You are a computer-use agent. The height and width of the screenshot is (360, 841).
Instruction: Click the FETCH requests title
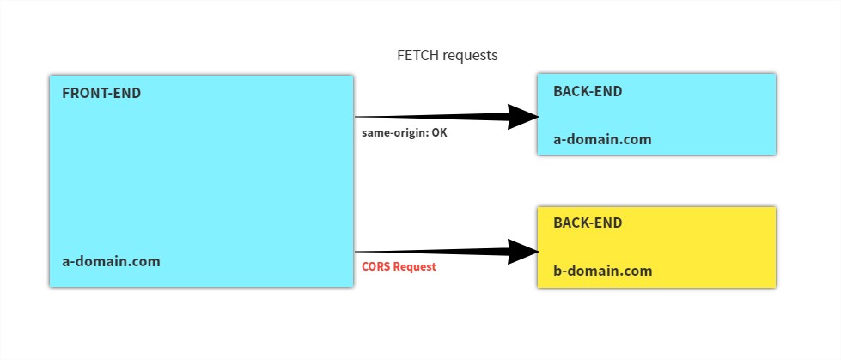coord(447,55)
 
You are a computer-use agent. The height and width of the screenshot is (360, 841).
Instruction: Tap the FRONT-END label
coord(101,93)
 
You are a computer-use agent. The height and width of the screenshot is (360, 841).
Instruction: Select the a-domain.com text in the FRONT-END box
coord(111,261)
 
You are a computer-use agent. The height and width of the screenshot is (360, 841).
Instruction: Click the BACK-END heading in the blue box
coord(587,91)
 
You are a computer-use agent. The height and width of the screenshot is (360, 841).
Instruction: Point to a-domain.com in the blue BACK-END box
coord(601,139)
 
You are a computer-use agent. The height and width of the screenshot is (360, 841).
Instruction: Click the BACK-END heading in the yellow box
coord(587,223)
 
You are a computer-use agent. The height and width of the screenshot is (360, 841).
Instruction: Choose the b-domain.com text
coord(602,271)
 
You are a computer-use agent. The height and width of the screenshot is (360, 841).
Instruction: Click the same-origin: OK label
coord(405,133)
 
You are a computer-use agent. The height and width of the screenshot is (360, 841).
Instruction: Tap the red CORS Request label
coord(399,266)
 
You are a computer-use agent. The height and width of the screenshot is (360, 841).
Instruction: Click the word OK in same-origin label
coord(438,133)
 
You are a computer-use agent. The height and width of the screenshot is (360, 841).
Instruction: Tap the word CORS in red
coord(376,266)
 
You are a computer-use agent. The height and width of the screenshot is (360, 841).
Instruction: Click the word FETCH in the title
coord(417,55)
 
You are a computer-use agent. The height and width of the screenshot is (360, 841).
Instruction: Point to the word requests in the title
coord(469,55)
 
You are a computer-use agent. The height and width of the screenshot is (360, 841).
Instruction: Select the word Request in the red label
coord(415,266)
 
